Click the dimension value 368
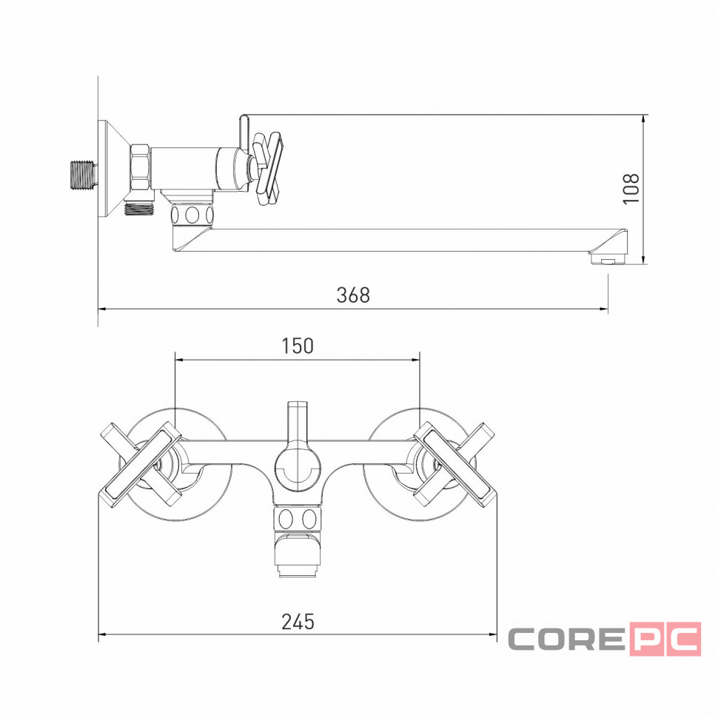(x=353, y=295)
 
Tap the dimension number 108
(x=631, y=189)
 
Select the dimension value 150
(x=298, y=346)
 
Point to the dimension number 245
(x=298, y=622)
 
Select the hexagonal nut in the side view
(x=141, y=167)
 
